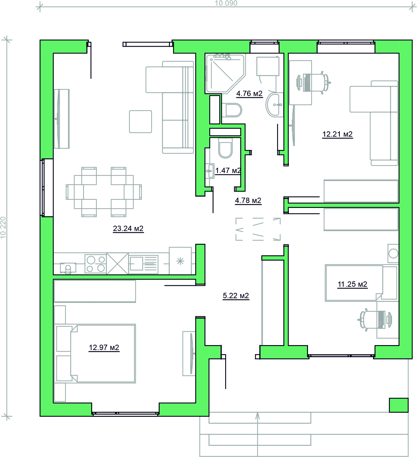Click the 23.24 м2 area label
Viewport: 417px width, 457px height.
128,228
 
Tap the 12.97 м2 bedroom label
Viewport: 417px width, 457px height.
104,348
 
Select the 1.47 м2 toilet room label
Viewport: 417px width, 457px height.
228,171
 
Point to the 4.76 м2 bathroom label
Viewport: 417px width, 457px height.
249,94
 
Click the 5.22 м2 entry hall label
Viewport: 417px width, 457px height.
236,296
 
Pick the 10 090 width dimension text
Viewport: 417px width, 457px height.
226,3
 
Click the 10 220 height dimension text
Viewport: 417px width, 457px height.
3,228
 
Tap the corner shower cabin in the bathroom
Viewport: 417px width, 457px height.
226,74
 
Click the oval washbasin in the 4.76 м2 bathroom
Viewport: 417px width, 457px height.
274,104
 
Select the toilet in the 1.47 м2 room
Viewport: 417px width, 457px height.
225,148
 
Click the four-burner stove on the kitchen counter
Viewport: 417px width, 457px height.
96,264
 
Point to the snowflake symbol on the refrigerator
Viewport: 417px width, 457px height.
180,261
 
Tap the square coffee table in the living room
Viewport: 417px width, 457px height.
141,122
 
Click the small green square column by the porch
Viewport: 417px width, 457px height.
399,405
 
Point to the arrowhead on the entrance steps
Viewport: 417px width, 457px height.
258,416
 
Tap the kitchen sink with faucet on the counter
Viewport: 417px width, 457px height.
68,268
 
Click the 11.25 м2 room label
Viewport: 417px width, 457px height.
352,284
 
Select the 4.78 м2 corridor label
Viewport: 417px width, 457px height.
248,200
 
